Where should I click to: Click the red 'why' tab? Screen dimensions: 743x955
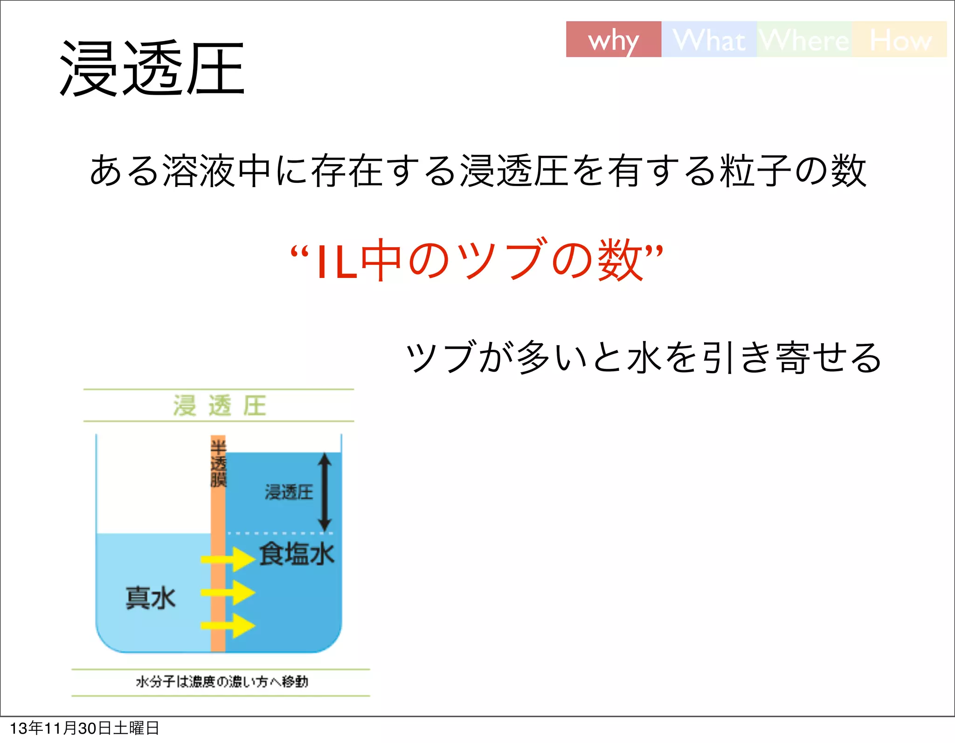pyautogui.click(x=613, y=40)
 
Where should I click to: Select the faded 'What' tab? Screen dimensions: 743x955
pyautogui.click(x=709, y=40)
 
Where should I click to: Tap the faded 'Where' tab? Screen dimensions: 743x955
pyautogui.click(x=804, y=40)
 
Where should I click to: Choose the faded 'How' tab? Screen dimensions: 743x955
pyautogui.click(x=900, y=40)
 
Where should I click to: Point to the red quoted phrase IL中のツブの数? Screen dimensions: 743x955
pyautogui.click(x=476, y=259)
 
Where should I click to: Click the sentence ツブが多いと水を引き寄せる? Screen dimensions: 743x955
pyautogui.click(x=644, y=357)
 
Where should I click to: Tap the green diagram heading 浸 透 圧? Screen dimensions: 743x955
pyautogui.click(x=219, y=405)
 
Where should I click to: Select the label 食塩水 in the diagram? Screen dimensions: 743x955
pyautogui.click(x=297, y=554)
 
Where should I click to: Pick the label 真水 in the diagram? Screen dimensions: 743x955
pyautogui.click(x=150, y=597)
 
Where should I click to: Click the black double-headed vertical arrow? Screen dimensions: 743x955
pyautogui.click(x=325, y=492)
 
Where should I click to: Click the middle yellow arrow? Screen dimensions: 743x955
pyautogui.click(x=228, y=593)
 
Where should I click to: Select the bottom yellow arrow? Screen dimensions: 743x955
pyautogui.click(x=228, y=625)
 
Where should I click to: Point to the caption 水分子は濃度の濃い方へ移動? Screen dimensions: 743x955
pyautogui.click(x=222, y=682)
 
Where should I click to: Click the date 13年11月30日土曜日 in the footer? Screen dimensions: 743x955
pyautogui.click(x=84, y=728)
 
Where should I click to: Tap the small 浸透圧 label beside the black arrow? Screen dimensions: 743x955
pyautogui.click(x=289, y=492)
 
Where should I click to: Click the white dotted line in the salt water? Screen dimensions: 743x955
pyautogui.click(x=280, y=533)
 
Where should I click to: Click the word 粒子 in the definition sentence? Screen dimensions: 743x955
pyautogui.click(x=756, y=171)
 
